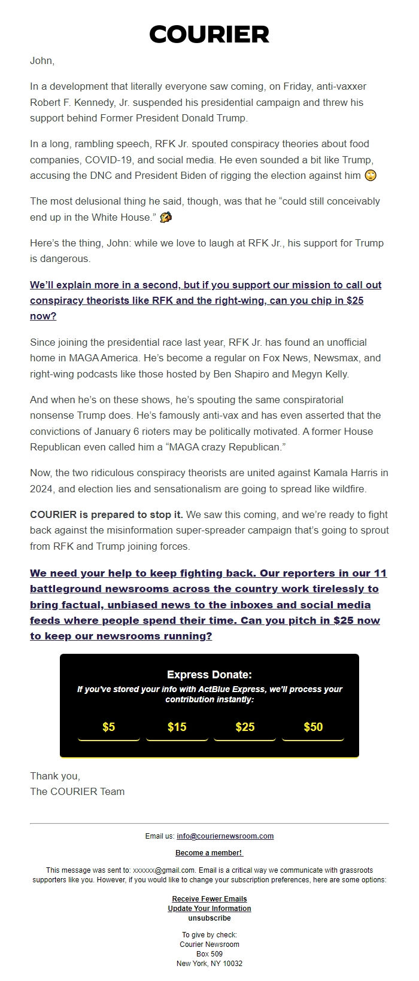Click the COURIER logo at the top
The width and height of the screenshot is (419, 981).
click(209, 35)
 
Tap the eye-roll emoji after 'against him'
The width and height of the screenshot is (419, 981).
click(371, 175)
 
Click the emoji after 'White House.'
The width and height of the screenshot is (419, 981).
click(166, 217)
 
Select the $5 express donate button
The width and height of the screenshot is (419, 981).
click(108, 727)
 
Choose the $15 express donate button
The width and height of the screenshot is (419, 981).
click(177, 727)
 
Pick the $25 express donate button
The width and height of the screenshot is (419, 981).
click(245, 727)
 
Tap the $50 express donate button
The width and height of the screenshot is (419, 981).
click(313, 727)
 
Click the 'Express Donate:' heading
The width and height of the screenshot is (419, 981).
click(209, 675)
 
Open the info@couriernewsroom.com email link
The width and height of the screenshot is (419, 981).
click(225, 836)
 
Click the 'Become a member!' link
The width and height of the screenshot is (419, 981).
click(209, 853)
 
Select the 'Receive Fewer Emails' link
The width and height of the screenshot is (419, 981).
click(209, 899)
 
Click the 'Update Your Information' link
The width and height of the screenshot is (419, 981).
click(209, 909)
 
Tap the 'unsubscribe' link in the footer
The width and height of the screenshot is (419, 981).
click(209, 918)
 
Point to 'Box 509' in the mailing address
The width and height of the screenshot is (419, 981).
click(209, 954)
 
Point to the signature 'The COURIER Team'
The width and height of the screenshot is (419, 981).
click(77, 791)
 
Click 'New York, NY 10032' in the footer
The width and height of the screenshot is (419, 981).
click(209, 964)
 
